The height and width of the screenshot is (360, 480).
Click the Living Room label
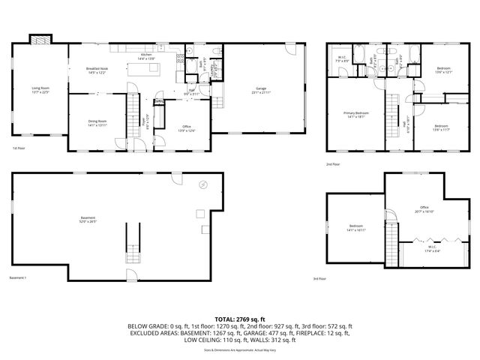click(40, 90)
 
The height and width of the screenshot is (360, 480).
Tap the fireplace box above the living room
click(40, 40)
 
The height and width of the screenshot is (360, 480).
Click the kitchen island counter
click(144, 69)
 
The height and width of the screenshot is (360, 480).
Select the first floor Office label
click(187, 129)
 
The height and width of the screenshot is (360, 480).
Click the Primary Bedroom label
click(356, 115)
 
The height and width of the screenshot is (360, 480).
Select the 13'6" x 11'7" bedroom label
click(441, 127)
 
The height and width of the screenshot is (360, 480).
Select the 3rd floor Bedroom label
click(356, 229)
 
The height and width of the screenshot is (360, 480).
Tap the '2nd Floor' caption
click(332, 164)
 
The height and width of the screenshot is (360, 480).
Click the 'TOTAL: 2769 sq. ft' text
click(240, 319)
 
